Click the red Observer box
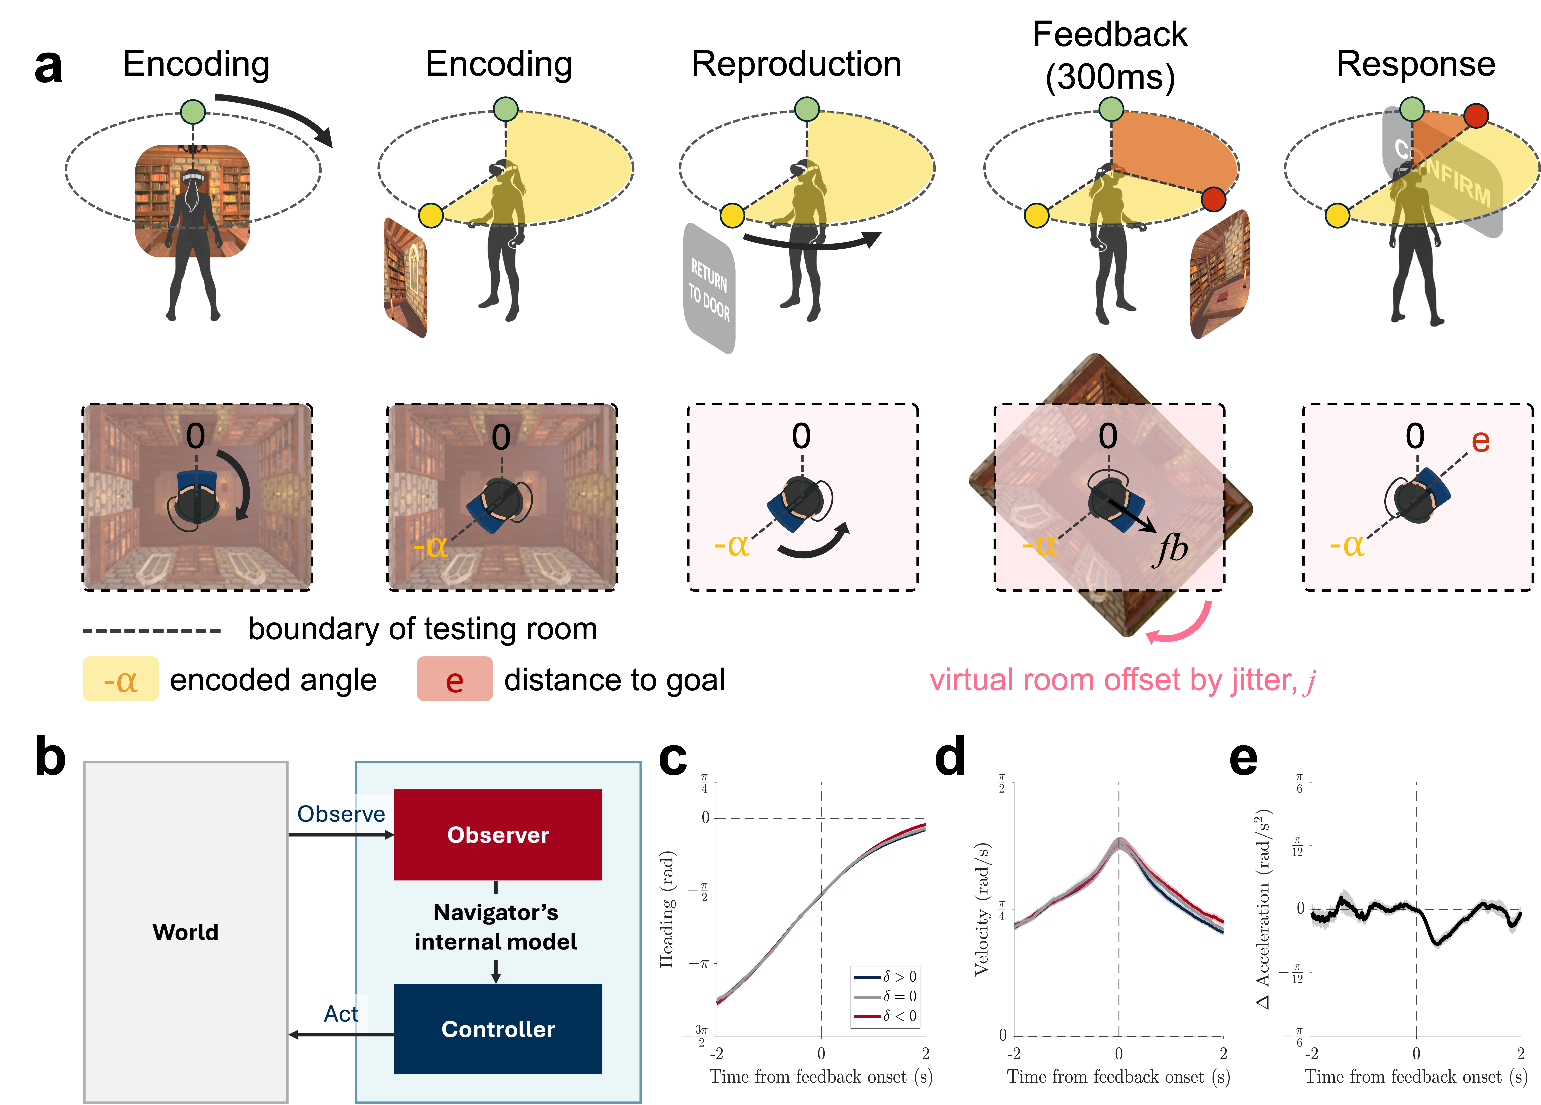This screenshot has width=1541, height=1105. pyautogui.click(x=498, y=835)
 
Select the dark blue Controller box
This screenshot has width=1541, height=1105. pyautogui.click(x=498, y=1029)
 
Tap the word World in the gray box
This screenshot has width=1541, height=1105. pyautogui.click(x=185, y=932)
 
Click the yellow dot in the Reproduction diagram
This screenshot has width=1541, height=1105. pyautogui.click(x=732, y=215)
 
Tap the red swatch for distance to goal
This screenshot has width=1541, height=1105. pyautogui.click(x=455, y=679)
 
